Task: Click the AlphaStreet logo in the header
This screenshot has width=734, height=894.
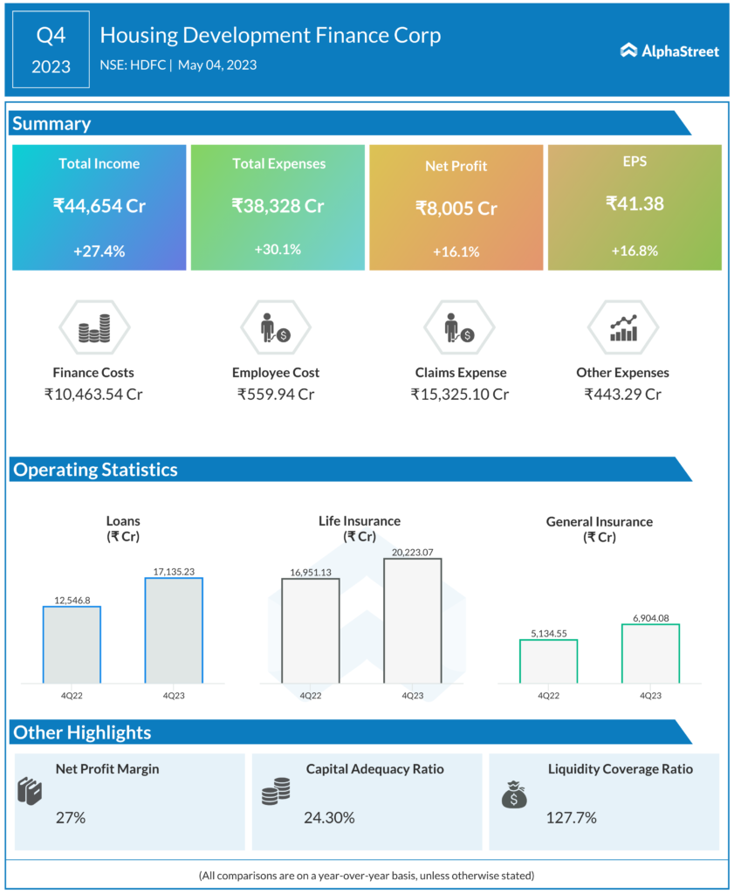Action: (669, 51)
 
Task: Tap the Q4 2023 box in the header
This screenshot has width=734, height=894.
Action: (51, 50)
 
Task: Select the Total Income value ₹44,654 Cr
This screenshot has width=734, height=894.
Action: (99, 206)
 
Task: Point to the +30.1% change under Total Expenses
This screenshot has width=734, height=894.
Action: (278, 249)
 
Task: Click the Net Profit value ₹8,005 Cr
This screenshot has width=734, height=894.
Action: (456, 209)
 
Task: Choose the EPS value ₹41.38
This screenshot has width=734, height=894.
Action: (635, 203)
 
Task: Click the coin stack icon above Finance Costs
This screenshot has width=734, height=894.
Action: (94, 329)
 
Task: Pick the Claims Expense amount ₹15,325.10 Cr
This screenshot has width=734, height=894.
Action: (460, 394)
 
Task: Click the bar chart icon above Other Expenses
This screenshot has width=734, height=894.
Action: (623, 329)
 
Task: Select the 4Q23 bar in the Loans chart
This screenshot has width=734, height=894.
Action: (174, 629)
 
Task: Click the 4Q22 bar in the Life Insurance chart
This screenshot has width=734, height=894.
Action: (310, 629)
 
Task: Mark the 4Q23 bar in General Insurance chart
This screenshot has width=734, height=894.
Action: (650, 653)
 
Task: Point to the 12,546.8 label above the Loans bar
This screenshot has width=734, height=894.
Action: (71, 600)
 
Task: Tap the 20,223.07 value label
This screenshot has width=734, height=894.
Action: (412, 551)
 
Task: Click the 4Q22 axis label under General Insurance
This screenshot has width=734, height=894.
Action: (548, 696)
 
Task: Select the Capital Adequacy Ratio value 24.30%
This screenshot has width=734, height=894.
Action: (329, 818)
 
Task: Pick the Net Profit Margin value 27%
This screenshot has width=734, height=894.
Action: (71, 818)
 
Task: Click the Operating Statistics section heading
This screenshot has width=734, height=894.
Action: (95, 470)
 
